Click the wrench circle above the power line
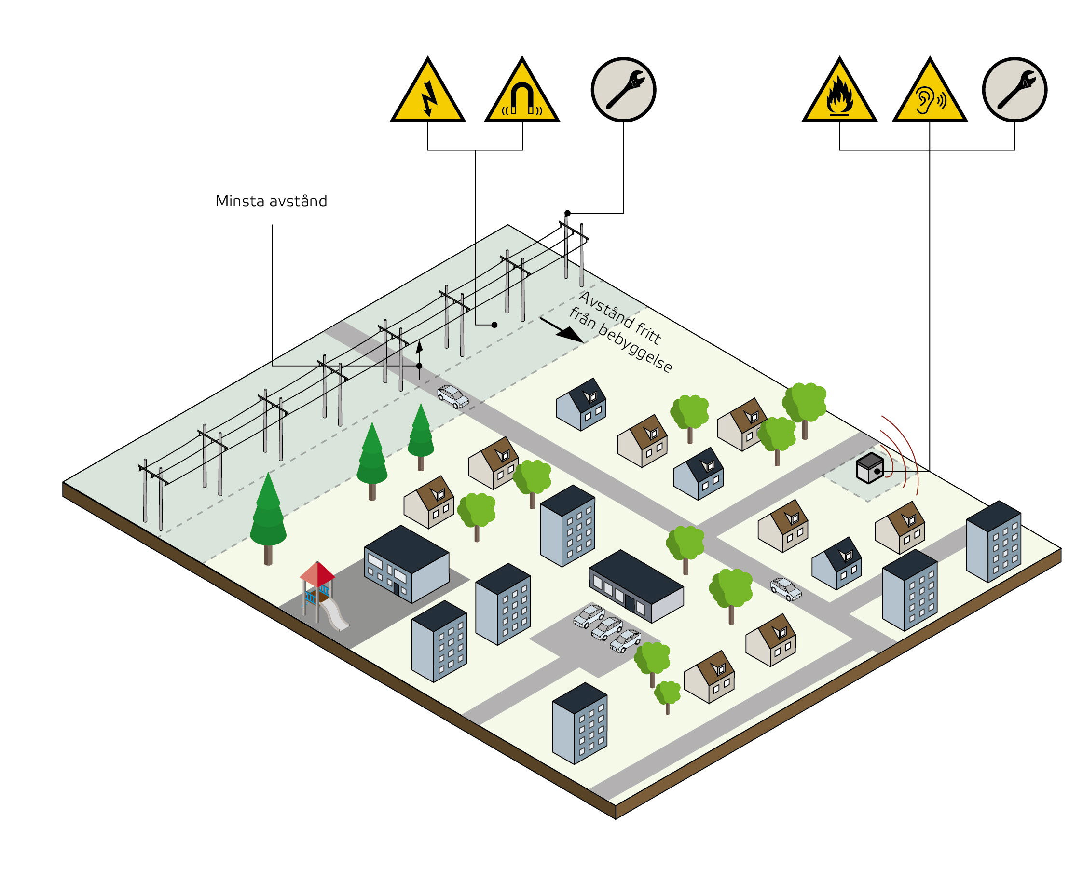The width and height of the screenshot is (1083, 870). point(623,89)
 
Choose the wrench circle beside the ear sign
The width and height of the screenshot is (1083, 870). point(1014,89)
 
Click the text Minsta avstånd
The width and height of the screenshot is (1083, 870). point(271,202)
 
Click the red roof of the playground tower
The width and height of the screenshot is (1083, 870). point(317,573)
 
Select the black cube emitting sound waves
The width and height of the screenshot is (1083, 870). point(869,468)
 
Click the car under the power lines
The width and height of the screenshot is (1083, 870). point(452,396)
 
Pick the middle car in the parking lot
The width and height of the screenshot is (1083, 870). point(607,628)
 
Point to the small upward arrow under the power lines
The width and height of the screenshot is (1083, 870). point(419,352)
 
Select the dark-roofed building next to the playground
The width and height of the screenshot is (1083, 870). point(406,563)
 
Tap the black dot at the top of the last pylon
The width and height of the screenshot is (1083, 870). point(567,213)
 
